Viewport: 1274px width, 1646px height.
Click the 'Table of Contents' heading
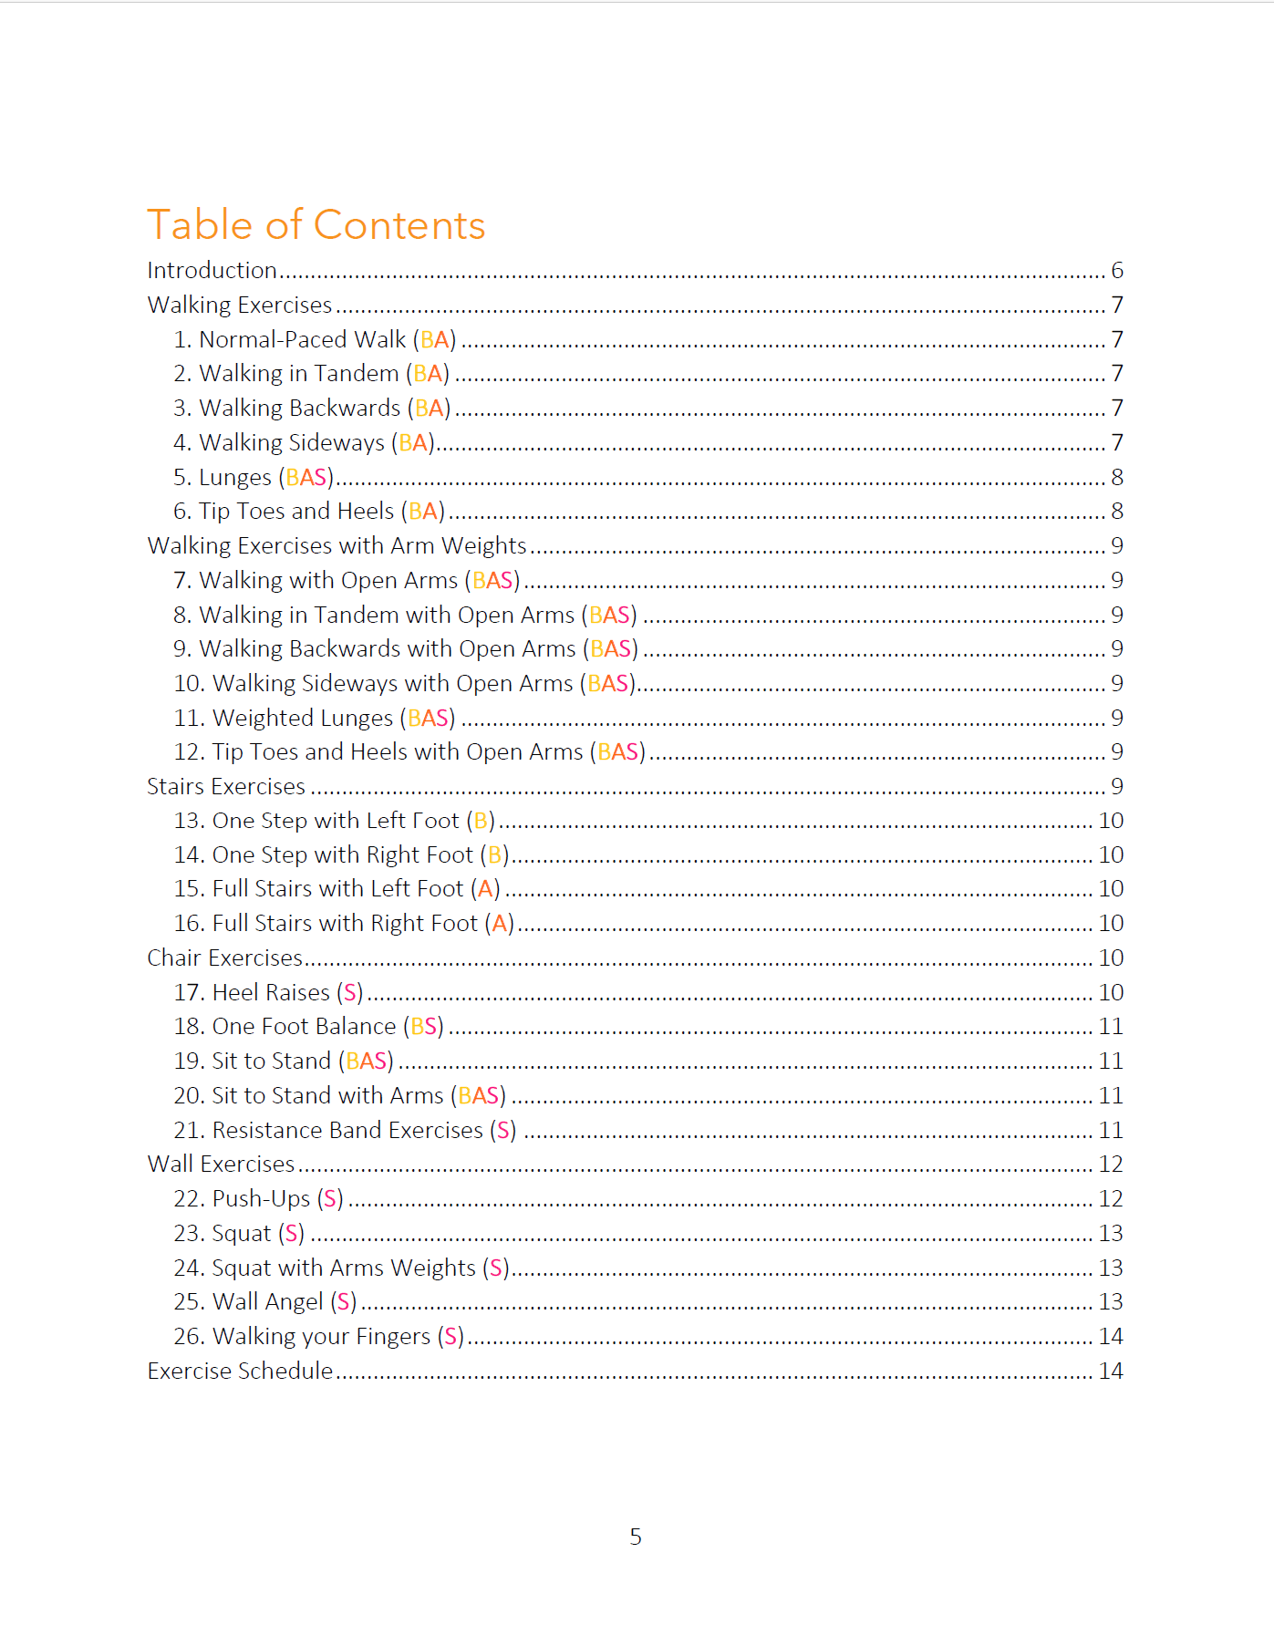point(316,225)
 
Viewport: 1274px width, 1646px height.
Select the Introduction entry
point(212,271)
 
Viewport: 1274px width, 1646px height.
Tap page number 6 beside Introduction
point(1116,271)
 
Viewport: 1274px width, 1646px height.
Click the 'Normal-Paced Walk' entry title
point(302,340)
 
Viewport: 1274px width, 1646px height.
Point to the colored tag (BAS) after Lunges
point(306,478)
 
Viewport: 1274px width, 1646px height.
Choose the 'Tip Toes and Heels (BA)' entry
point(309,512)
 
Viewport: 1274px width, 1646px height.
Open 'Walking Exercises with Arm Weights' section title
point(337,546)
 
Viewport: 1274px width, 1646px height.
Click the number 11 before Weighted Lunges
point(187,719)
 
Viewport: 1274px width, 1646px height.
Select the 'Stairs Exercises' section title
point(226,787)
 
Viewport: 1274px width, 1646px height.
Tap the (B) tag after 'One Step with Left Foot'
point(481,822)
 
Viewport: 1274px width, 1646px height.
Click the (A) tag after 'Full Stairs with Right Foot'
point(499,924)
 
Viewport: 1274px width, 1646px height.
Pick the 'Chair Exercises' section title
point(224,958)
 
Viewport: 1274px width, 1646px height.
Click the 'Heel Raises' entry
point(271,993)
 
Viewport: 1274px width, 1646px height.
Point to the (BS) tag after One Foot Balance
point(424,1027)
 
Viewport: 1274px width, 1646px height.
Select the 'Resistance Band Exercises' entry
point(347,1131)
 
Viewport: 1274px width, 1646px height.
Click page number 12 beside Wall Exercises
point(1110,1165)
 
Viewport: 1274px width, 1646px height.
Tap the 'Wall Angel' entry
point(267,1302)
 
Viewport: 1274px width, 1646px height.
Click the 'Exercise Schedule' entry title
point(240,1372)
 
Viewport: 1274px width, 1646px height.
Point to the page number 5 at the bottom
point(636,1537)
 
